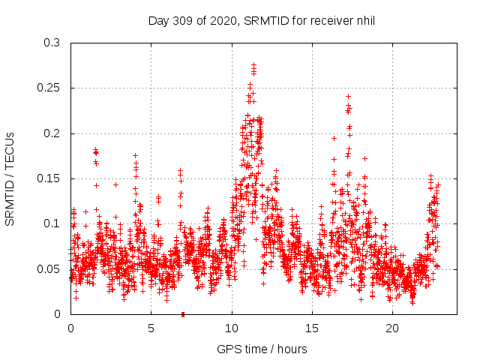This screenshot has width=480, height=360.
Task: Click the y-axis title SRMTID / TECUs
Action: point(10,178)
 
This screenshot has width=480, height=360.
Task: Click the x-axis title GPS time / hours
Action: point(262,349)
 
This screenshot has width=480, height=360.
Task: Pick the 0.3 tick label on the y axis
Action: point(52,43)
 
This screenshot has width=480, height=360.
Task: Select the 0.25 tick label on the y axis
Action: point(49,88)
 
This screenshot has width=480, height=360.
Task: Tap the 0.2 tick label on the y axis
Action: point(52,133)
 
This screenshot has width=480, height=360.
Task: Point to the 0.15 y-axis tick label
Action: point(49,178)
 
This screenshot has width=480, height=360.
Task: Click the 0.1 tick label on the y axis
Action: point(52,223)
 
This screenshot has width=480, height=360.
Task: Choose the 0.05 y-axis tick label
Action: point(49,268)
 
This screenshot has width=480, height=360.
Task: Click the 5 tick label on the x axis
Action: point(151,328)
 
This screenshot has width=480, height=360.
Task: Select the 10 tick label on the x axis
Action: point(232,328)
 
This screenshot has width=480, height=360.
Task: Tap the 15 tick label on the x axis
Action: point(312,328)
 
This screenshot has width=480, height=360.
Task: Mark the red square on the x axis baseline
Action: point(182,313)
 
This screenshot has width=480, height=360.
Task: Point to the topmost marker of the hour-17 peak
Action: point(348,96)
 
